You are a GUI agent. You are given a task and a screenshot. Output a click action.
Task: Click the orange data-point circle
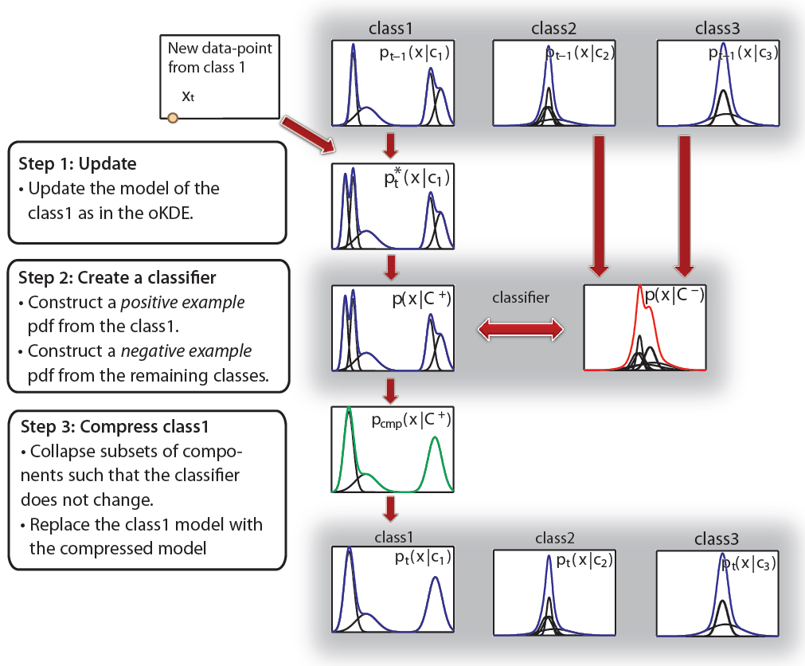point(172,119)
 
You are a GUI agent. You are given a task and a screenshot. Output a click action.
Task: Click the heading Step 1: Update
point(77,164)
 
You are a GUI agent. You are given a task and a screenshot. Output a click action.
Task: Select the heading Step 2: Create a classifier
point(117,279)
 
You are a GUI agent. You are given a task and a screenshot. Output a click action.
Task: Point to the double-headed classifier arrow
point(521,328)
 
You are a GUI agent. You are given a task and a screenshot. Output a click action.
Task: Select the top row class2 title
point(553,29)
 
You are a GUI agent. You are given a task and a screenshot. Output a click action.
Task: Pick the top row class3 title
point(717,29)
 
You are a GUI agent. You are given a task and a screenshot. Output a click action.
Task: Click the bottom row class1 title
point(390,538)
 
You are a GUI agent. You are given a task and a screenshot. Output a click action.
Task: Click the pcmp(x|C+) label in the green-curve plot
point(412,420)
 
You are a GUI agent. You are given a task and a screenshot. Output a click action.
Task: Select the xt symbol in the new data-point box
point(188,96)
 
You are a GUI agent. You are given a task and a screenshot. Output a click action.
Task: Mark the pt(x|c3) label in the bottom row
point(748,563)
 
